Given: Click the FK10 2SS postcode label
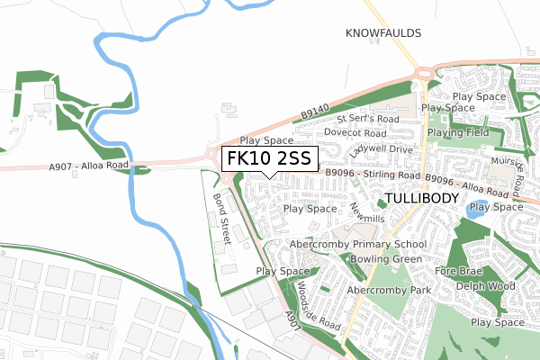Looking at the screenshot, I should tap(268, 158).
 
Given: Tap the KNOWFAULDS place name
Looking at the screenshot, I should tap(383, 33).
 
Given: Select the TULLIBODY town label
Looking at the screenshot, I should tap(421, 197).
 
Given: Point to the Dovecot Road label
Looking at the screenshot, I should tap(355, 132).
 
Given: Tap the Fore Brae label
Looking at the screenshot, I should tap(454, 270).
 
